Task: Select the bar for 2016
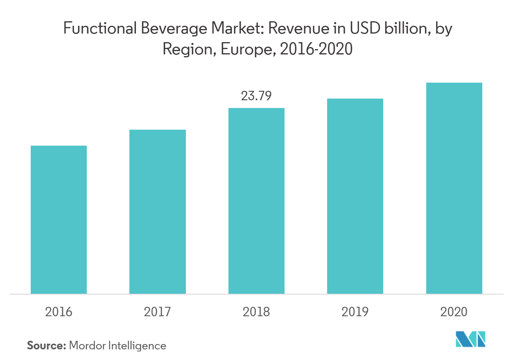(59, 220)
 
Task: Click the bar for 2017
(158, 211)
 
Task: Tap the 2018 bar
(256, 201)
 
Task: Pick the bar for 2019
(355, 196)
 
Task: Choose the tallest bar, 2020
(454, 188)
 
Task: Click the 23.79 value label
(256, 96)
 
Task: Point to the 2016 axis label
(59, 312)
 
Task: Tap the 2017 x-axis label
(158, 312)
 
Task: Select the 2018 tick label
(256, 312)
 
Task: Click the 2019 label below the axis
(355, 312)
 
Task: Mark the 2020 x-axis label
(454, 312)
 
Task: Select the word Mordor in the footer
(87, 346)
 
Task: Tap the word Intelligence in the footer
(137, 346)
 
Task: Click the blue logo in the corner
(470, 339)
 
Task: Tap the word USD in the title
(364, 29)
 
